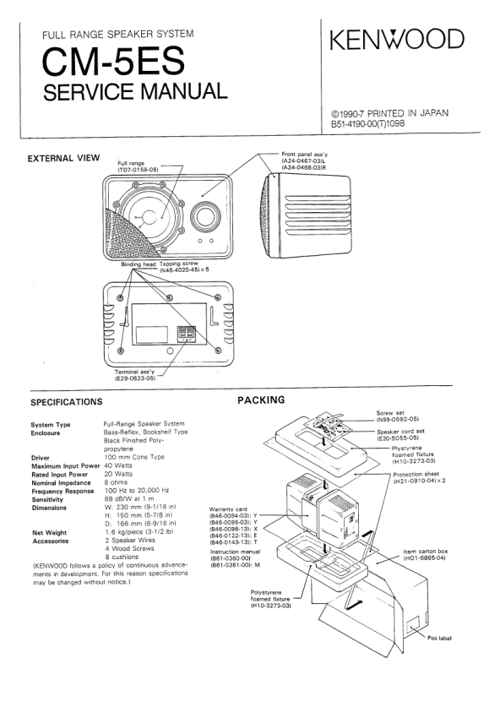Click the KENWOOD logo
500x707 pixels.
tap(397, 39)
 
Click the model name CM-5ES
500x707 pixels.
tap(113, 62)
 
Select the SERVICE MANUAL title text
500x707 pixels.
tap(135, 91)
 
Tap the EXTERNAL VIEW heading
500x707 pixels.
tap(63, 158)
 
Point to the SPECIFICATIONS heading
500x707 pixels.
tap(66, 402)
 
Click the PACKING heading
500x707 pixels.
tap(261, 400)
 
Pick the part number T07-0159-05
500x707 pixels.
tap(138, 170)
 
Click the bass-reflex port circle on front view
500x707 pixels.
tap(205, 216)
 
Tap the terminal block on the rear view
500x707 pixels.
tap(186, 334)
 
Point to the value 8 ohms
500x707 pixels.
tap(116, 482)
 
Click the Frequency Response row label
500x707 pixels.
tap(62, 491)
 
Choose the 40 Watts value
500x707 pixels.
tap(118, 465)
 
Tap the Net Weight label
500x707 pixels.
tap(49, 532)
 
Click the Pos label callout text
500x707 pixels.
tap(439, 638)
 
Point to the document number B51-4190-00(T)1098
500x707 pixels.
tap(368, 123)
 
